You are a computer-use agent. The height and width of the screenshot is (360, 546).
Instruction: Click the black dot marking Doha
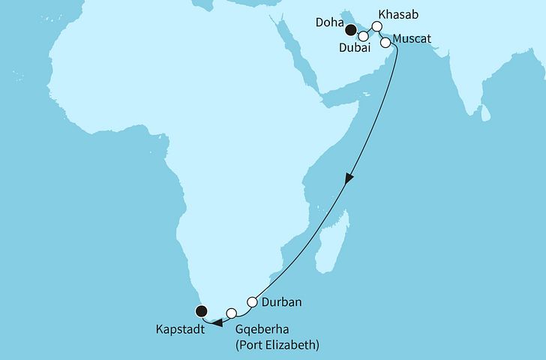(350, 30)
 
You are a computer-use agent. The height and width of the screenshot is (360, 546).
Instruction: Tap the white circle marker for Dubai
(364, 35)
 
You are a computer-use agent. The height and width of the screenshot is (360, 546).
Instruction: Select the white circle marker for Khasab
(377, 25)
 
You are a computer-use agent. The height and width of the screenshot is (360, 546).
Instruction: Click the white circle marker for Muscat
(385, 43)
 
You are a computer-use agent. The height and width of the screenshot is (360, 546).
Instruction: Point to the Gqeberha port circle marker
(232, 313)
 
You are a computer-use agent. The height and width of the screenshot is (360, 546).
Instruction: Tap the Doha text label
(330, 23)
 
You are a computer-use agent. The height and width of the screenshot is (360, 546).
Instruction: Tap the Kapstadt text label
(183, 328)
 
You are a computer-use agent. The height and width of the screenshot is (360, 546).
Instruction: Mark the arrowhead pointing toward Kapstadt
(216, 323)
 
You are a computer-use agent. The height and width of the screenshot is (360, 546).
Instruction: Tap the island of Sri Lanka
(485, 112)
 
